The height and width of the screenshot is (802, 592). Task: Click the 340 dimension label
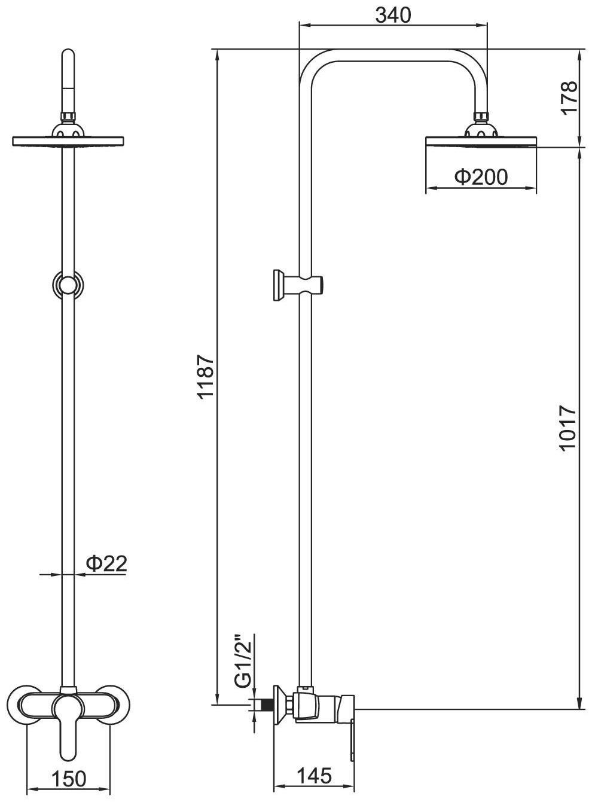pyautogui.click(x=393, y=15)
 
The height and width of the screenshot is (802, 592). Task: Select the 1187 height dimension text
pyautogui.click(x=206, y=377)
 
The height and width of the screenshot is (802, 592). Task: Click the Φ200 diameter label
pyautogui.click(x=481, y=177)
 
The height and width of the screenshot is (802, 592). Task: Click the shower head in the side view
pyautogui.click(x=481, y=139)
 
